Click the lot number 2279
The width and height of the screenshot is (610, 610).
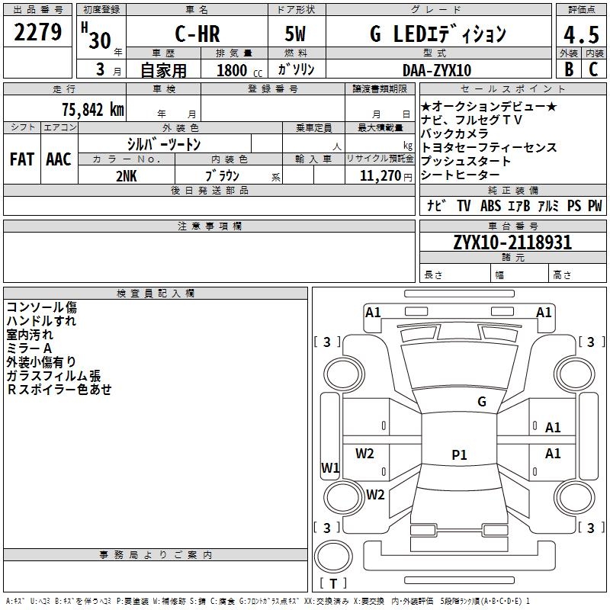[37, 33]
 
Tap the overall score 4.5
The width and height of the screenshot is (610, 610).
[581, 35]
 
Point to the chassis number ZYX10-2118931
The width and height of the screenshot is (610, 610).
[512, 242]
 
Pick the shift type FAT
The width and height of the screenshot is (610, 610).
[21, 159]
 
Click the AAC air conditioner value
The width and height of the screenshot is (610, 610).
[58, 159]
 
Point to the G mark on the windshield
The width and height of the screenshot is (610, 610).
[481, 401]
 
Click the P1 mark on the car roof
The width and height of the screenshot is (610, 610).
[459, 455]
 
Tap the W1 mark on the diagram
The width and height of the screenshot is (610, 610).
[329, 467]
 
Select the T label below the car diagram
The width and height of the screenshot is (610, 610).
[333, 584]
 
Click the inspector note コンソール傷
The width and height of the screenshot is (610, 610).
[41, 307]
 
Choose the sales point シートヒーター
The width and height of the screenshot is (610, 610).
[466, 175]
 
